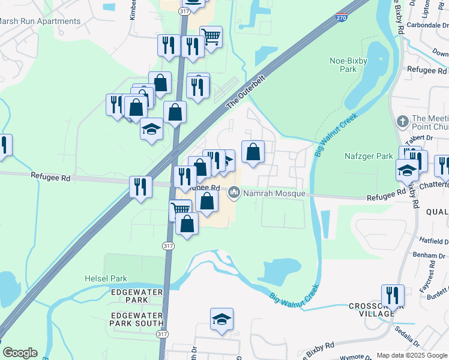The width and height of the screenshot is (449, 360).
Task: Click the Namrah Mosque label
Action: [x=274, y=194]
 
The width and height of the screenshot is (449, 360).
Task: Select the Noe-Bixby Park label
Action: [x=348, y=64]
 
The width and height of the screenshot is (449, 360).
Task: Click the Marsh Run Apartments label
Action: [x=40, y=22]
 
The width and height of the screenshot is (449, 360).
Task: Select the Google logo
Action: [x=20, y=353]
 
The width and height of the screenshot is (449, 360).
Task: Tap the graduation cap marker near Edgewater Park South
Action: [x=222, y=319]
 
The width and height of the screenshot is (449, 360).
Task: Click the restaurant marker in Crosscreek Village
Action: [x=393, y=295]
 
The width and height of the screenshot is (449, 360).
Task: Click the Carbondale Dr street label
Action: [x=429, y=25]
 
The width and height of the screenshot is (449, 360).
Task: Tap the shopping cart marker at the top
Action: [x=211, y=37]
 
